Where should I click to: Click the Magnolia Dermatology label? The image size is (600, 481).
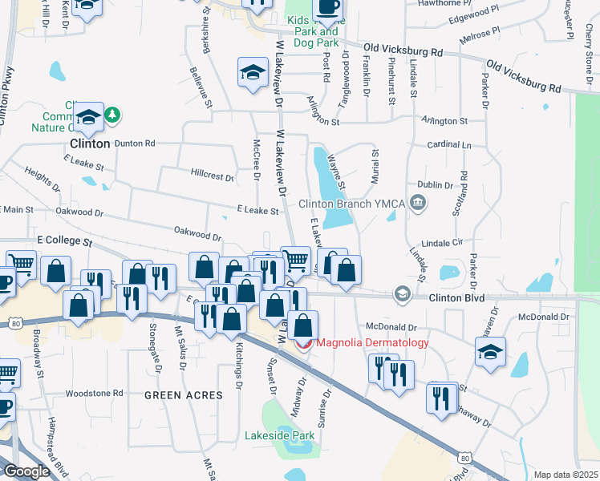[373, 343]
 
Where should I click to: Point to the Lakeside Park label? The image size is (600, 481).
[279, 436]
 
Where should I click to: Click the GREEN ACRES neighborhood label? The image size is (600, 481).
[178, 395]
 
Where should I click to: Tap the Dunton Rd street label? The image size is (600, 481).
[134, 143]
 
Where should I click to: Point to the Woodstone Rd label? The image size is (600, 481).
[94, 394]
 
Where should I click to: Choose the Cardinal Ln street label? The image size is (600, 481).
[450, 145]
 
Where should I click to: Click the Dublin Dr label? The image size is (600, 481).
[436, 184]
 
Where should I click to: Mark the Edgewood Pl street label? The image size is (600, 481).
[473, 18]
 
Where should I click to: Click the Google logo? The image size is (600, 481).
[27, 471]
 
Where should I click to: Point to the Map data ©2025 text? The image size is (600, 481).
[566, 475]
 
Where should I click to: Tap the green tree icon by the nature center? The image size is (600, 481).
[113, 115]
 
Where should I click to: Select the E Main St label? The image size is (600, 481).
[17, 210]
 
